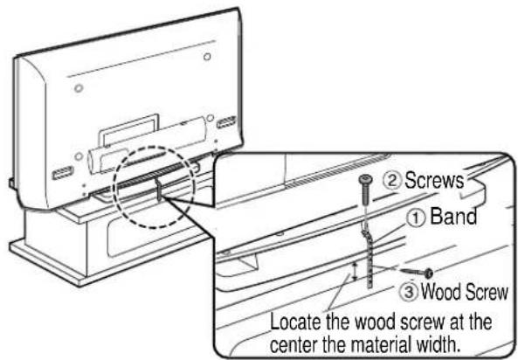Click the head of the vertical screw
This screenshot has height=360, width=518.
(364, 181)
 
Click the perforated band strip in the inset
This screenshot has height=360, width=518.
(370, 262)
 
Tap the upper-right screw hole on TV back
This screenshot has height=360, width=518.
(207, 57)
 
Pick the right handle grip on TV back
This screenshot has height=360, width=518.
(225, 121)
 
